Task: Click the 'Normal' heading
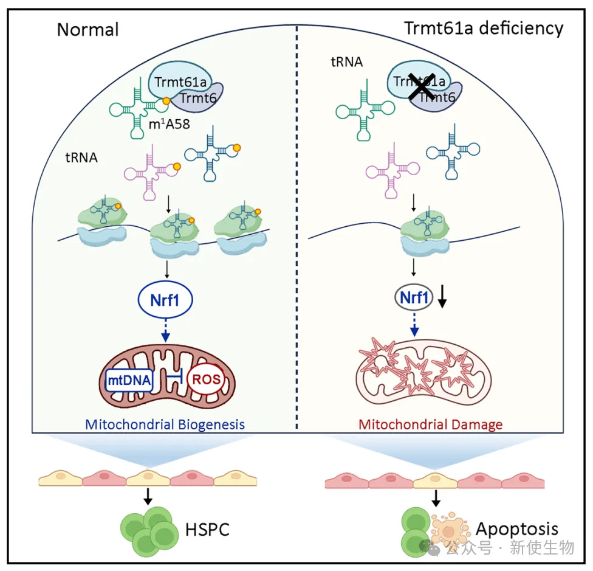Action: pyautogui.click(x=87, y=30)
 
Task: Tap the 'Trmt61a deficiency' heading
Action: pyautogui.click(x=484, y=29)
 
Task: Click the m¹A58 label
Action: pyautogui.click(x=169, y=123)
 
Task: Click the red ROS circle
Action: pyautogui.click(x=206, y=379)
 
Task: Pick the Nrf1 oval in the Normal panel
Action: pyautogui.click(x=165, y=300)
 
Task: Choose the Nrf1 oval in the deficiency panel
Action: pyautogui.click(x=414, y=297)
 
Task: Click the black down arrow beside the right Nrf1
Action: pyautogui.click(x=442, y=299)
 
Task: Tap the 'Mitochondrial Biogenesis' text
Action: pyautogui.click(x=165, y=424)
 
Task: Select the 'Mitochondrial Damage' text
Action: pyautogui.click(x=430, y=424)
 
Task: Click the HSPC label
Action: pyautogui.click(x=207, y=529)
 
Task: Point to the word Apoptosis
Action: pyautogui.click(x=516, y=529)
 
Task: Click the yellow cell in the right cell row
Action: pyautogui.click(x=435, y=480)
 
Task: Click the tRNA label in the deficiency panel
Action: pyautogui.click(x=346, y=61)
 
